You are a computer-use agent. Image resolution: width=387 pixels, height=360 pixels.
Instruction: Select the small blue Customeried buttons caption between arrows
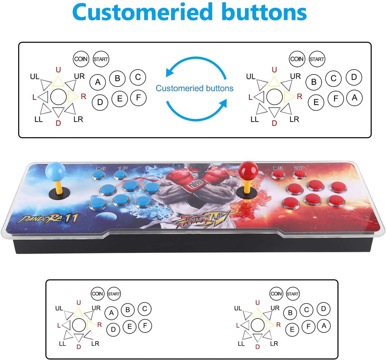point(195,88)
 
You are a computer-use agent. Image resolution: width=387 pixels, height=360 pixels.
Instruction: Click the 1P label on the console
point(123,168)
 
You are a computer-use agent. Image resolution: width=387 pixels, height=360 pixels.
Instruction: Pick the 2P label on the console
point(299,168)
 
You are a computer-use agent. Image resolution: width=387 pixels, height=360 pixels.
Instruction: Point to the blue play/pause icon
point(101,168)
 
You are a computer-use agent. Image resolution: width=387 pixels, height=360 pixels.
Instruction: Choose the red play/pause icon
point(278,168)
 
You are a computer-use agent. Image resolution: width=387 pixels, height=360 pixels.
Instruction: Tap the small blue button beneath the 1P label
point(120,175)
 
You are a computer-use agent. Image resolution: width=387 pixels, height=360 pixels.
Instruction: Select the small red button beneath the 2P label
point(299,174)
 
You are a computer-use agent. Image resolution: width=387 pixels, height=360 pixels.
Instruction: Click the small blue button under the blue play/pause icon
point(99,175)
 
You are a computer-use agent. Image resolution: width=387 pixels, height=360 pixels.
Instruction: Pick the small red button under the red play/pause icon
point(278,174)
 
